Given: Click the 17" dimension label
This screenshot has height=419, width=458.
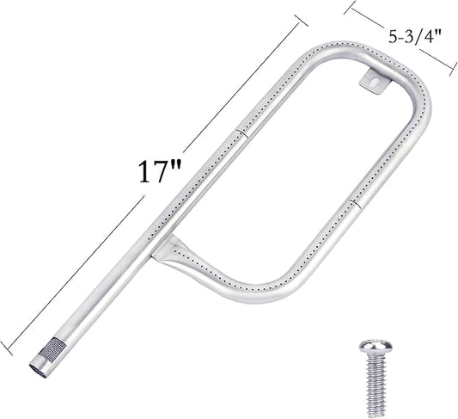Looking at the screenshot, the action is [160, 172].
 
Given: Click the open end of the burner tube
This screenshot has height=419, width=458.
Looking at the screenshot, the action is [39, 371].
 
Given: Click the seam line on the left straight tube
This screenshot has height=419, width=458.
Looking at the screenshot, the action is [242, 132].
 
